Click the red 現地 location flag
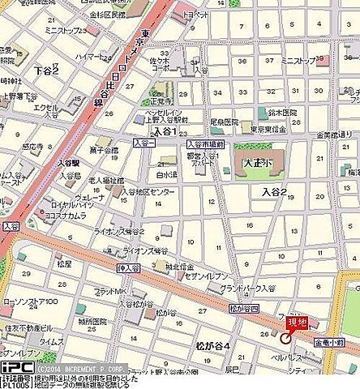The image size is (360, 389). (297, 323)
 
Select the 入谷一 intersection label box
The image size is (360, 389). (144, 143)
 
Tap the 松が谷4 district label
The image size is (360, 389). (213, 346)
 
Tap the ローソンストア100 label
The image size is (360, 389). (29, 302)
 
